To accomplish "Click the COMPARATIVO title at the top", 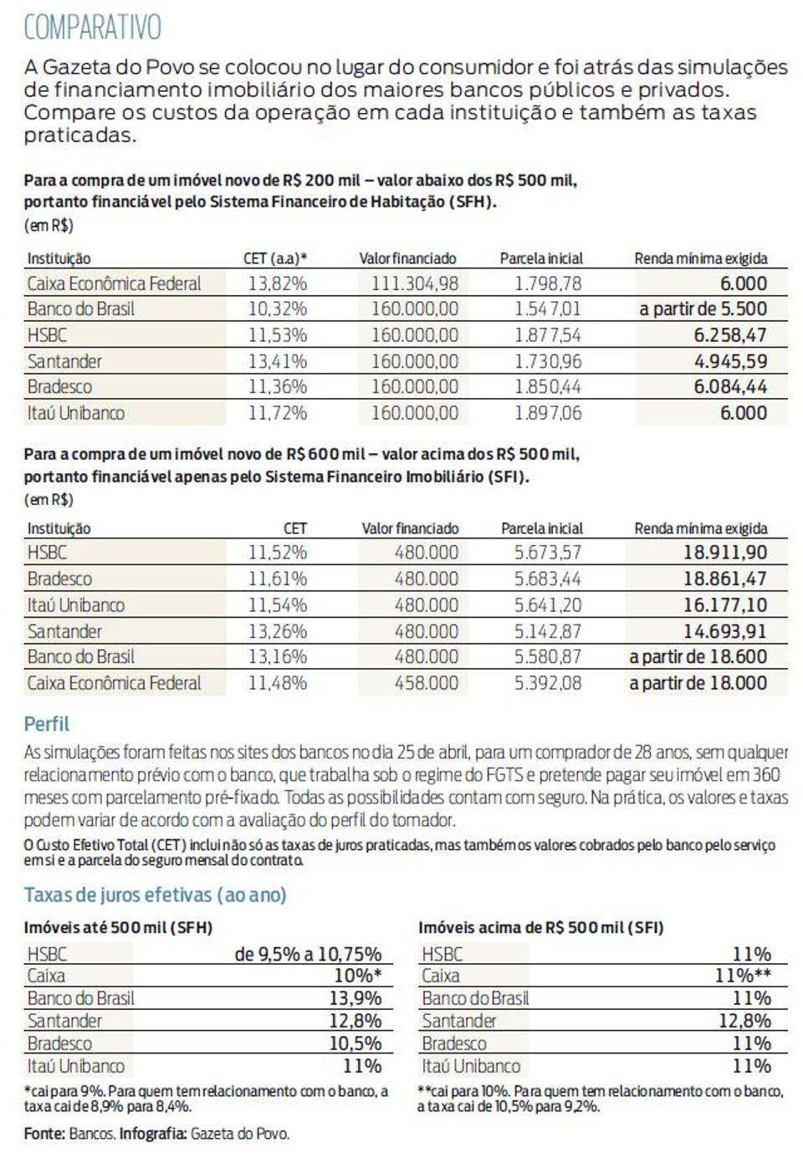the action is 93,28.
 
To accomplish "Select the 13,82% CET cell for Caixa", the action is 278,283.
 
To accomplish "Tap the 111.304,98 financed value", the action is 415,283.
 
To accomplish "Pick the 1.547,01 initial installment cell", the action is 548,309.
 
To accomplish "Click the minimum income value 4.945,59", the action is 730,361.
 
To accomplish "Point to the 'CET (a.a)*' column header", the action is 275,258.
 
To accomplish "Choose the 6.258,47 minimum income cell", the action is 730,335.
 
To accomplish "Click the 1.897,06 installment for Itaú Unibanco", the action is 548,412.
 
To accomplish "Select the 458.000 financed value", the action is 427,683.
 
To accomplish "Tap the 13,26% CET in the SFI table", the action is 278,631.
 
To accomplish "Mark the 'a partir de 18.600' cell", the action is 698,656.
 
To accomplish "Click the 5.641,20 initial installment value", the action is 548,605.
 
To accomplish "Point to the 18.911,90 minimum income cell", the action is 725,552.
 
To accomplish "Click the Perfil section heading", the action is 47,724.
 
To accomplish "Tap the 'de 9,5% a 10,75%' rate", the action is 308,954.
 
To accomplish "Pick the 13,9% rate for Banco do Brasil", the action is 355,998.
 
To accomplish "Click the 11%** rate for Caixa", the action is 743,976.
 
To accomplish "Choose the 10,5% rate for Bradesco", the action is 355,1043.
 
